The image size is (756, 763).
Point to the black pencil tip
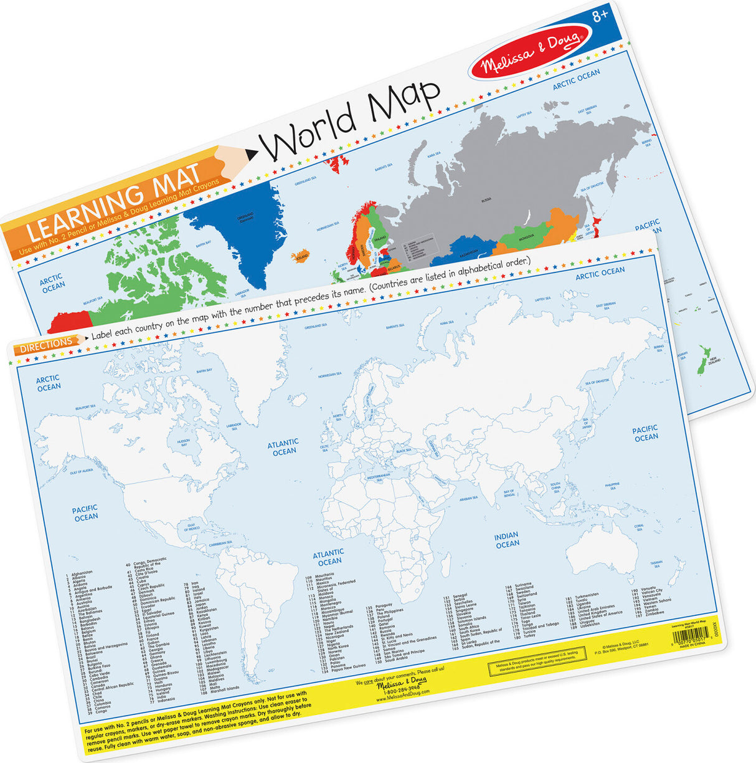(x=252, y=153)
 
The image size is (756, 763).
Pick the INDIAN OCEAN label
(x=507, y=540)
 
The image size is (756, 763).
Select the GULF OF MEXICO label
(x=193, y=528)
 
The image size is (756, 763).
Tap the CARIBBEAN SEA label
(x=220, y=544)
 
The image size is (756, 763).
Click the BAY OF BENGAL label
(x=509, y=494)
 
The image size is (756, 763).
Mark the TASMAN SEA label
(x=656, y=564)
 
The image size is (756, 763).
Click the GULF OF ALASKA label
(x=82, y=471)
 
